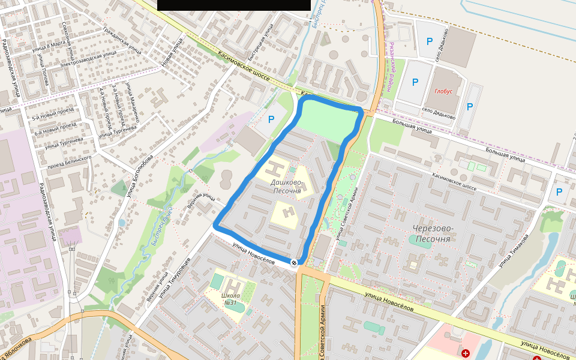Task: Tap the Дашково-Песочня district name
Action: pos(286,186)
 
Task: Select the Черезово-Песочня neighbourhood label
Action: pos(431,233)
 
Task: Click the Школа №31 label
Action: pos(231,299)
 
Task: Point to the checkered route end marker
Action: pos(294,262)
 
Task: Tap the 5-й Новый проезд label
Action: pos(53,114)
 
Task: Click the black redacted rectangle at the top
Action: pos(234,5)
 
